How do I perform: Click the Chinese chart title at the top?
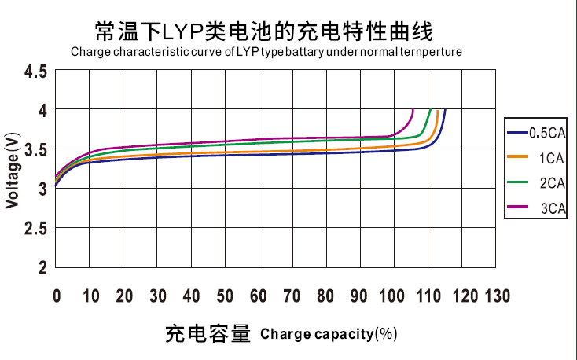[x=263, y=31]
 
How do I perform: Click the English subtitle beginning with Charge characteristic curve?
[x=266, y=52]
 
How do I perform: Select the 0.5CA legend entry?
[x=537, y=132]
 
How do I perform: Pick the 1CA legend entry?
[x=537, y=158]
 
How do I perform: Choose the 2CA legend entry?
[x=537, y=183]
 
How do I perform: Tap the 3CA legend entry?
[x=537, y=208]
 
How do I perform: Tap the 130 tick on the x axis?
[x=496, y=296]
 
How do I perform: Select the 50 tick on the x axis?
[x=226, y=296]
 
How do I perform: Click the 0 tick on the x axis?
[x=57, y=296]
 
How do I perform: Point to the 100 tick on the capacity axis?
[x=394, y=296]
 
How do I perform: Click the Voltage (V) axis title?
[x=13, y=171]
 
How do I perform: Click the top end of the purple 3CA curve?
[x=413, y=110]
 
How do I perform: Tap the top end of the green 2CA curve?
[x=430, y=110]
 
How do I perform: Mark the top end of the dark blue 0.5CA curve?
[x=445, y=110]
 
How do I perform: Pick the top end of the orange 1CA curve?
[x=437, y=110]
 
